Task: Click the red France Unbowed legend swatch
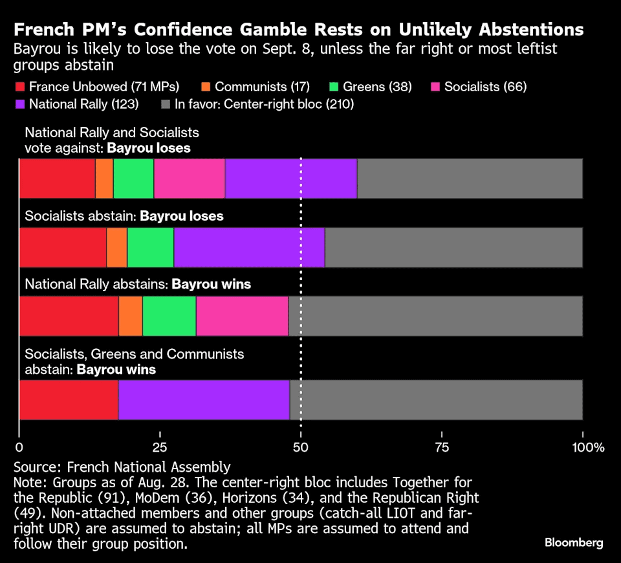[19, 87]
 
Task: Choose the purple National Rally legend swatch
[19, 104]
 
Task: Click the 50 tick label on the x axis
[301, 447]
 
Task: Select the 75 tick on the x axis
[442, 447]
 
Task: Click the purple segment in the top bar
[291, 178]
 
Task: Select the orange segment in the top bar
[104, 178]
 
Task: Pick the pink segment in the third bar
[242, 316]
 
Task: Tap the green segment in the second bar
[150, 247]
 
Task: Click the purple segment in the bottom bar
[204, 400]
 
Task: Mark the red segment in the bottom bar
[69, 400]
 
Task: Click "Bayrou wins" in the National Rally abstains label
[211, 284]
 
